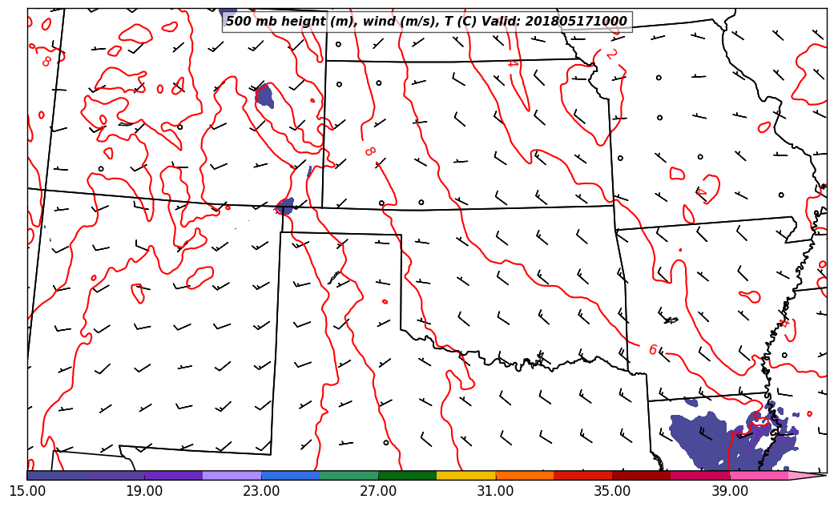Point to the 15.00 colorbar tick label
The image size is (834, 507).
pyautogui.click(x=27, y=491)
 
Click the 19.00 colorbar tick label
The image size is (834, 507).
pyautogui.click(x=144, y=491)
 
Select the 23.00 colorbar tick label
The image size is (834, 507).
pyautogui.click(x=261, y=491)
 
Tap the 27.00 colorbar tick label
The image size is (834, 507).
pyautogui.click(x=378, y=491)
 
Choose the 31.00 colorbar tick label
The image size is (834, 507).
pyautogui.click(x=495, y=491)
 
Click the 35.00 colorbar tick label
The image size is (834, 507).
pyautogui.click(x=612, y=491)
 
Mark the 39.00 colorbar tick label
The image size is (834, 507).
pyautogui.click(x=729, y=491)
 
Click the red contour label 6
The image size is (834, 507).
pyautogui.click(x=653, y=350)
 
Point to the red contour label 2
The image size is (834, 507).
pyautogui.click(x=611, y=54)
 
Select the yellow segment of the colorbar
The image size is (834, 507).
pyautogui.click(x=466, y=475)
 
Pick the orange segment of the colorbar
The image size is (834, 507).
pyautogui.click(x=525, y=475)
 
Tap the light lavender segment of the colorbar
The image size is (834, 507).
pyautogui.click(x=232, y=475)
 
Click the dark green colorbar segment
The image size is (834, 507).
pyautogui.click(x=407, y=475)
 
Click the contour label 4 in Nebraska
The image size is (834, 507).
pyautogui.click(x=512, y=63)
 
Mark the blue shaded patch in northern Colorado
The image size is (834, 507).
pyautogui.click(x=264, y=95)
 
